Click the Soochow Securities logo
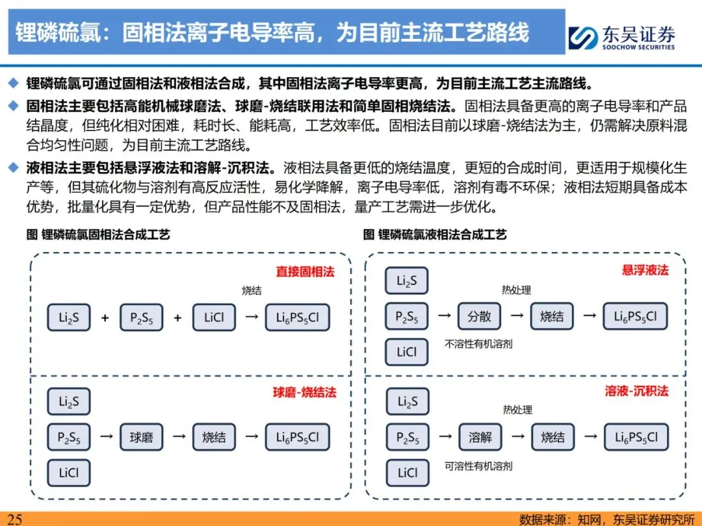[x=621, y=36]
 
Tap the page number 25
[x=14, y=519]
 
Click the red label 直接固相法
[x=305, y=271]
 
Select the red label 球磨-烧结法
[x=304, y=392]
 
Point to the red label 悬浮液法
[x=645, y=270]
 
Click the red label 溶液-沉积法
[x=636, y=391]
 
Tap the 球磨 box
[x=141, y=437]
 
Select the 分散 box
[x=479, y=316]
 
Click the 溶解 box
[x=480, y=437]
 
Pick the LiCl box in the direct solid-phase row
[x=214, y=318]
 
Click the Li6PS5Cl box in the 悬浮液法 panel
[x=635, y=316]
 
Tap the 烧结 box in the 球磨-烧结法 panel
[x=214, y=437]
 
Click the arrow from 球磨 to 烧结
[x=177, y=437]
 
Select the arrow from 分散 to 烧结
[x=515, y=316]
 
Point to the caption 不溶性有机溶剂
[x=478, y=344]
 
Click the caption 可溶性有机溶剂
[x=478, y=466]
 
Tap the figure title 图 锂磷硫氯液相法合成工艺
[x=435, y=234]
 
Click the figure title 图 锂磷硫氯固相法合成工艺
[x=98, y=234]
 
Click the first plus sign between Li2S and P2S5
[x=105, y=318]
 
